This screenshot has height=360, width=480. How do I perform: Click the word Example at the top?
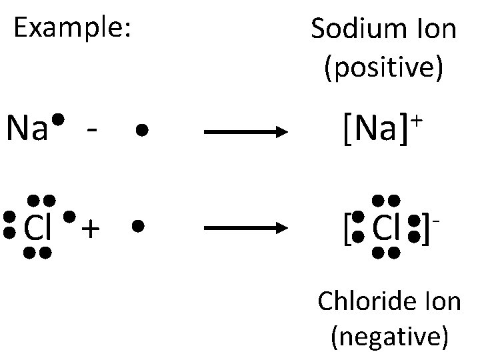pyautogui.click(x=71, y=27)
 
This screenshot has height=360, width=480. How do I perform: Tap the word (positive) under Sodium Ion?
pyautogui.click(x=383, y=68)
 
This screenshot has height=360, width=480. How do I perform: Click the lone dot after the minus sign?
pyautogui.click(x=140, y=131)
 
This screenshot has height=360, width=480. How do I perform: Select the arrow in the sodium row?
pyautogui.click(x=245, y=132)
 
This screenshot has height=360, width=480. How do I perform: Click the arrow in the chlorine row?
pyautogui.click(x=245, y=228)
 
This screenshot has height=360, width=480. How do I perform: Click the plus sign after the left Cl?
pyautogui.click(x=91, y=229)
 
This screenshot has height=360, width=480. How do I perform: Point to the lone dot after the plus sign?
pyautogui.click(x=137, y=226)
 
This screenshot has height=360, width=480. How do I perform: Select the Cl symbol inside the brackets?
pyautogui.click(x=386, y=228)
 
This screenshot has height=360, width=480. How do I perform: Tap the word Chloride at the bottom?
pyautogui.click(x=367, y=301)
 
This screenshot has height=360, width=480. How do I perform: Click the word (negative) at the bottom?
pyautogui.click(x=389, y=337)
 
